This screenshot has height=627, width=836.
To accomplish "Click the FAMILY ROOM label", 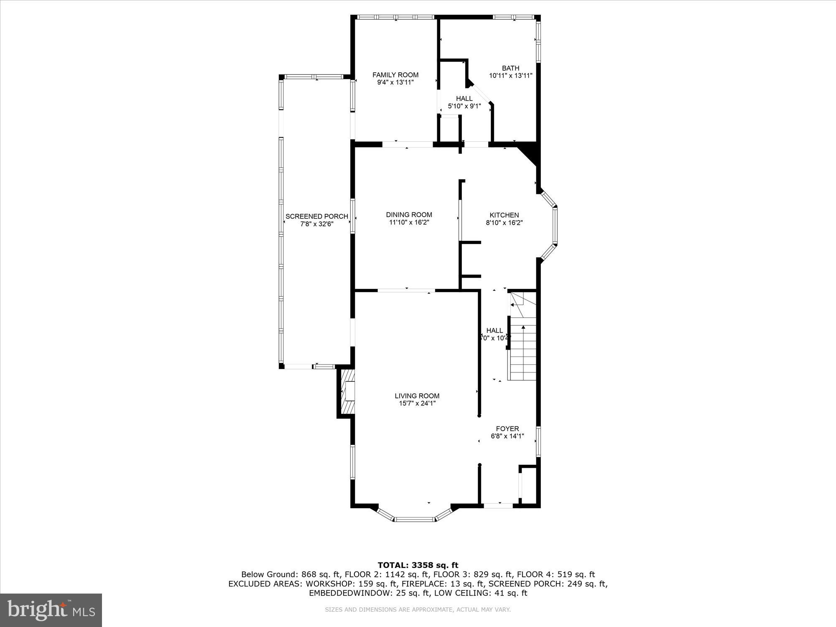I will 395,75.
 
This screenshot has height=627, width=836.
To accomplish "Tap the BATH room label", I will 510,68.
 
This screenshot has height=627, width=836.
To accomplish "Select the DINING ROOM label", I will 409,215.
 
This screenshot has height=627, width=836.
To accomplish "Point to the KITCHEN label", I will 504,215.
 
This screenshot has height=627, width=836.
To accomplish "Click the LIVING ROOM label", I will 417,396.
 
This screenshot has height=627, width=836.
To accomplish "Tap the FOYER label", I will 507,428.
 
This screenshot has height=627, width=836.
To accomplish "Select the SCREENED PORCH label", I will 316,216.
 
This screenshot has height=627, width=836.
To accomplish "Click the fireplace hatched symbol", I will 346,392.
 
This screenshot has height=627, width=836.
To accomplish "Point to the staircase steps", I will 522,351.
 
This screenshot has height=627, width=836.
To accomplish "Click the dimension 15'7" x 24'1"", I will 417,404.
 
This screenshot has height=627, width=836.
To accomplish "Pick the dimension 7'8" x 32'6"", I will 316,224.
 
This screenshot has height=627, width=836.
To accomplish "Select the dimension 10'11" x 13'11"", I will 510,76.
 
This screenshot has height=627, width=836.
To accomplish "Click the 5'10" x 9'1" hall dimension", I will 464,107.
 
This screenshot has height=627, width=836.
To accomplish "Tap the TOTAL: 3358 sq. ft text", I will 418,565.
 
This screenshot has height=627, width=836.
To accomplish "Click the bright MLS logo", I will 51,611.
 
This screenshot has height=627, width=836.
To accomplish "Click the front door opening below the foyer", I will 498,506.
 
